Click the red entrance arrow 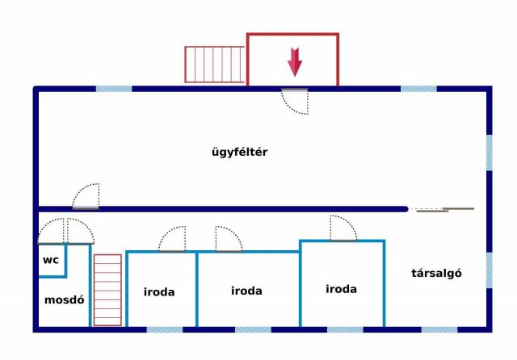point(295,61)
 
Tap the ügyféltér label point(239,151)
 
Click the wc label point(51,260)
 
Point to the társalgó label point(436,273)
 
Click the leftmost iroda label point(159,292)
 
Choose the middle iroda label point(246,291)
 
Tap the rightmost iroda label point(342,288)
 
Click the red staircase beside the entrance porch point(214,65)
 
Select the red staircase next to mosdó point(107,290)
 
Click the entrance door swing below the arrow point(294,100)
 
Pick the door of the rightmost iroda point(343,228)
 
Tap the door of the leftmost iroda point(172,240)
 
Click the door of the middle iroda point(228,239)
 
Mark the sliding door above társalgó point(442,209)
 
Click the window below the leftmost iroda point(165,329)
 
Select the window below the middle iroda point(253,329)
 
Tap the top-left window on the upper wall point(114,88)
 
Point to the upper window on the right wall point(490,152)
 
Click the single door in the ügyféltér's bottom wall point(86,197)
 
